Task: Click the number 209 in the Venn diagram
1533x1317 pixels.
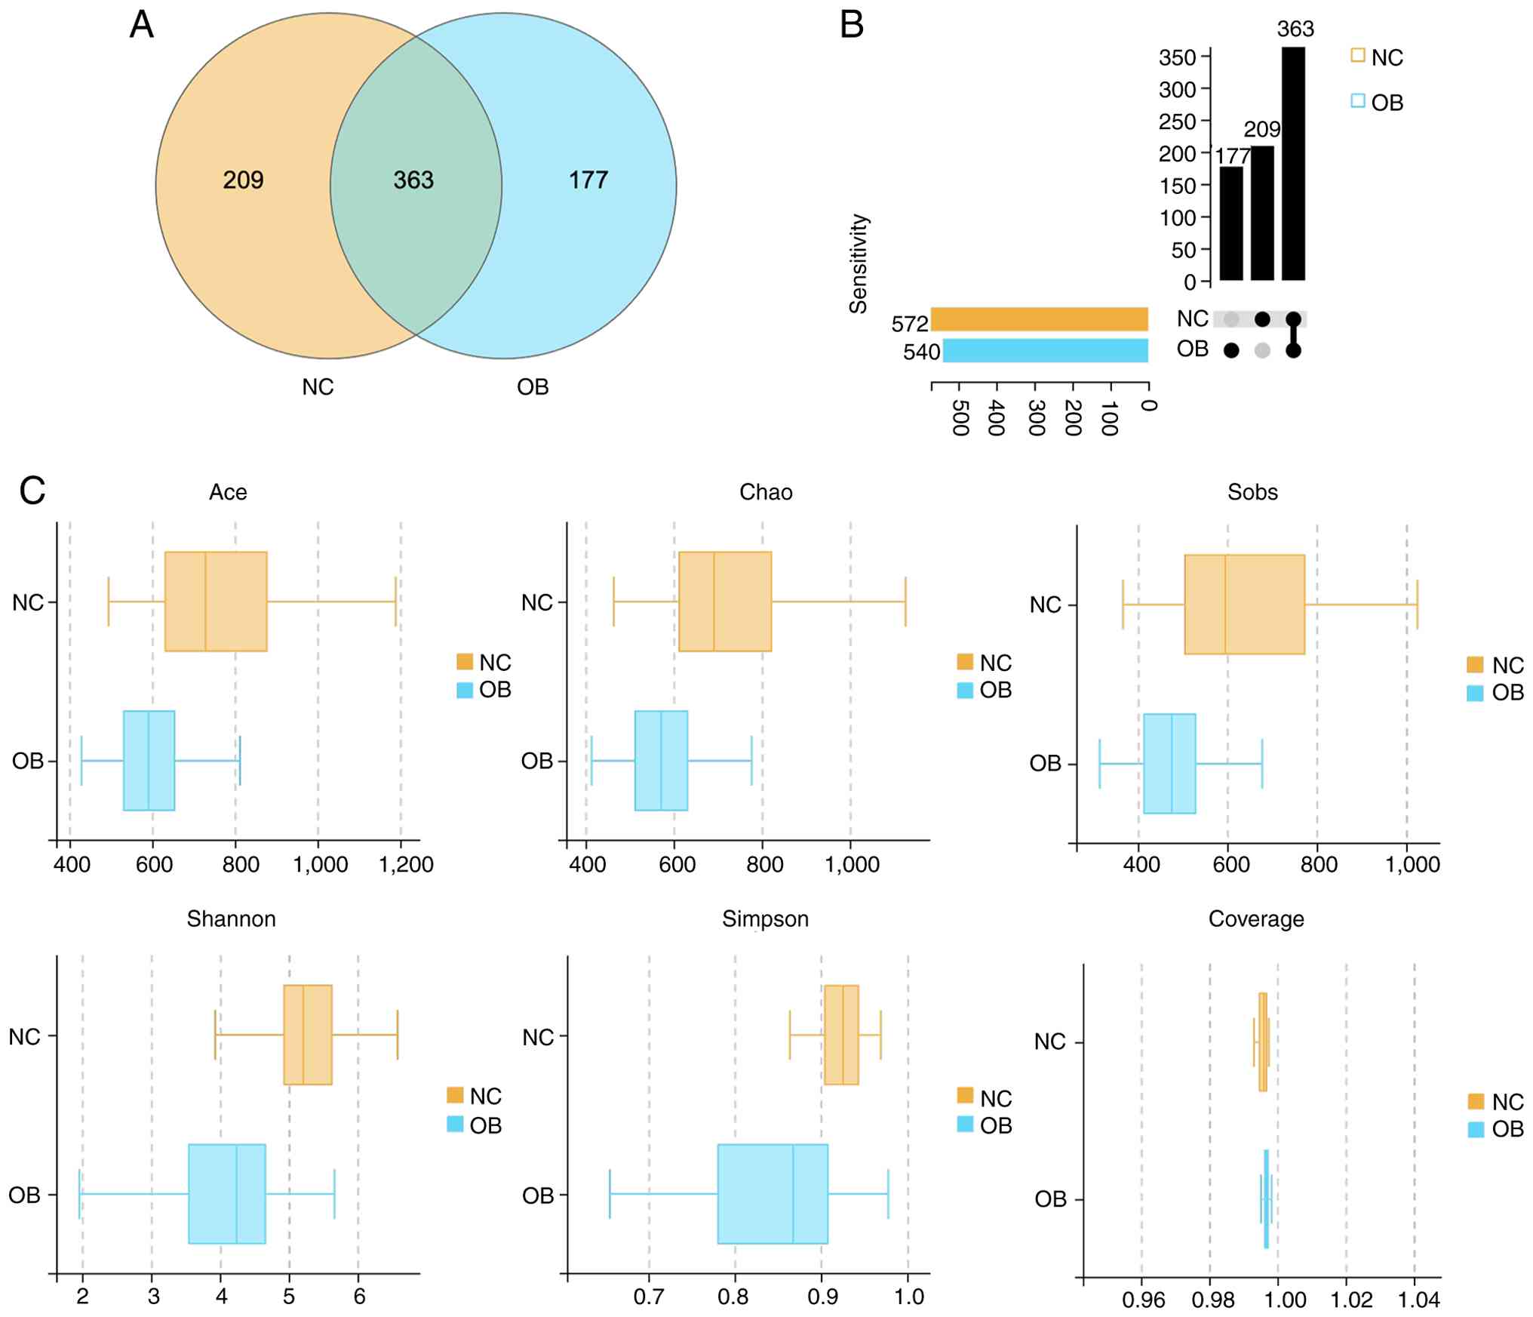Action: click(x=243, y=180)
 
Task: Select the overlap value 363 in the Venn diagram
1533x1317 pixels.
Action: click(x=413, y=180)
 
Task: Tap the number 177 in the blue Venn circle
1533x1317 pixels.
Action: click(x=588, y=180)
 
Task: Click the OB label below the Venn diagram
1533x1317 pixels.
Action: click(x=533, y=387)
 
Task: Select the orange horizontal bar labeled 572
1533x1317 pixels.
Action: click(x=1039, y=319)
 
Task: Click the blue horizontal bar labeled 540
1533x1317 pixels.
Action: click(x=1045, y=351)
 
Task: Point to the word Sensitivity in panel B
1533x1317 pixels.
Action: click(x=859, y=263)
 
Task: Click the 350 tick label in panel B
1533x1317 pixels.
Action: click(x=1177, y=58)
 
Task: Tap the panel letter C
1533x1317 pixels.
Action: click(x=32, y=491)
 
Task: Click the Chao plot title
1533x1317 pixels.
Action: click(x=766, y=493)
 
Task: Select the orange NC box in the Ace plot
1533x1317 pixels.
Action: click(x=216, y=602)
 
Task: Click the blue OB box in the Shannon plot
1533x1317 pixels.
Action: click(x=226, y=1194)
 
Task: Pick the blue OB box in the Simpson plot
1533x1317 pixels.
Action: click(x=773, y=1194)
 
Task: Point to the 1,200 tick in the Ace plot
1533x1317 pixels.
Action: click(x=406, y=865)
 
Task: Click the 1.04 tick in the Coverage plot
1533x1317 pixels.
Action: click(x=1418, y=1300)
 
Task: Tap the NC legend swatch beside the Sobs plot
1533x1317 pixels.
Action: click(x=1475, y=665)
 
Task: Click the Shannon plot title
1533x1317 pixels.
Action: click(x=232, y=919)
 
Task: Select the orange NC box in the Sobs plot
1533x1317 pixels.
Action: click(x=1244, y=605)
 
